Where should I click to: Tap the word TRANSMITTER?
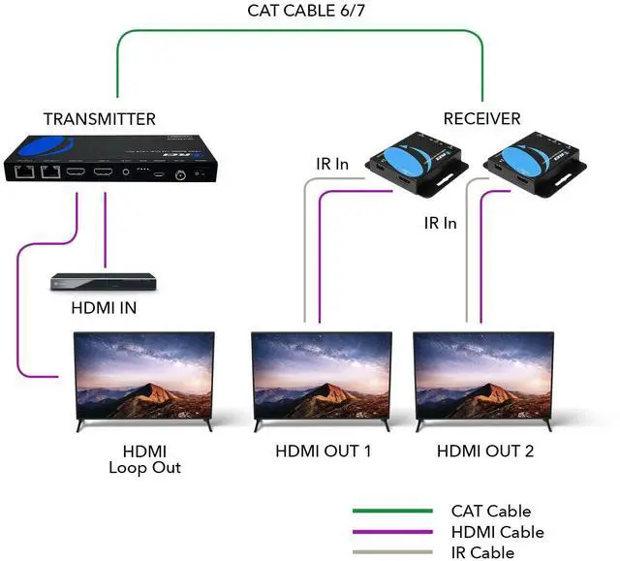point(100,119)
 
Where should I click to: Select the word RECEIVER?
point(481,119)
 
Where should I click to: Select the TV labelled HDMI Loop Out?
point(144,378)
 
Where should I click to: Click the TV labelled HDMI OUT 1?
point(321,378)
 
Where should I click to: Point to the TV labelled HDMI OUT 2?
point(483,378)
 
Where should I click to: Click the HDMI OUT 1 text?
point(324,451)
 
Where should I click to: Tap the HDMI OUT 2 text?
point(485,451)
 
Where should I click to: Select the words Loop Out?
point(144,468)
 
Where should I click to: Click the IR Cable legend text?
point(482,552)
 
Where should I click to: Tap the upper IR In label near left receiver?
point(331,164)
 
